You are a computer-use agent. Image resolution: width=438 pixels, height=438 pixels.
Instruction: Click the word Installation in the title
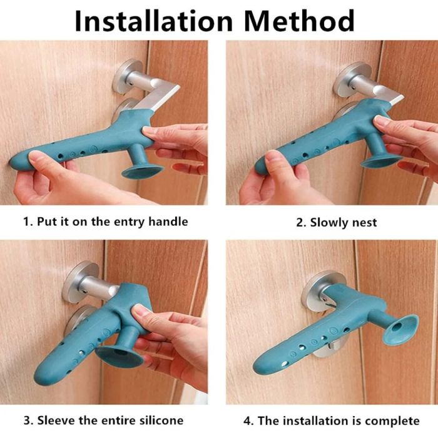154,21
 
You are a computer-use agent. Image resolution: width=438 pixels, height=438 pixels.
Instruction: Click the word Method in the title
300,21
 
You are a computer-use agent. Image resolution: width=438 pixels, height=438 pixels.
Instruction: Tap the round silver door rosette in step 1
128,76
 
